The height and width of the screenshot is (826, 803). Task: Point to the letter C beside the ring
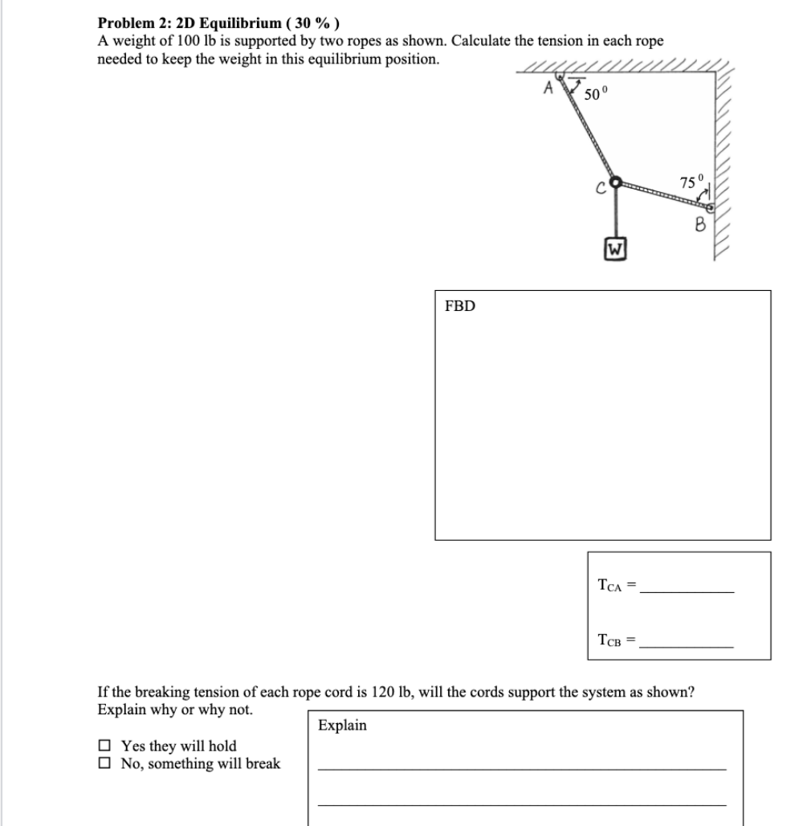tap(598, 190)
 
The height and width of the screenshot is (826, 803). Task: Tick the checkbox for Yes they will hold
tap(104, 746)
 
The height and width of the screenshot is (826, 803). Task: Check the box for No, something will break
tap(104, 763)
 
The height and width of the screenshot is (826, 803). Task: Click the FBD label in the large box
tap(460, 306)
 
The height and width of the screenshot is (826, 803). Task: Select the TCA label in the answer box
tap(611, 587)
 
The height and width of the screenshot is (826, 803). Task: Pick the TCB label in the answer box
tap(611, 640)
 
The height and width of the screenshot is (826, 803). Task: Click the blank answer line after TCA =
tap(689, 591)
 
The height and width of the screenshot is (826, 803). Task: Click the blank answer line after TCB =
tap(689, 645)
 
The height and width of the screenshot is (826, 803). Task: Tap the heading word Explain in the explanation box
tap(342, 726)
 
